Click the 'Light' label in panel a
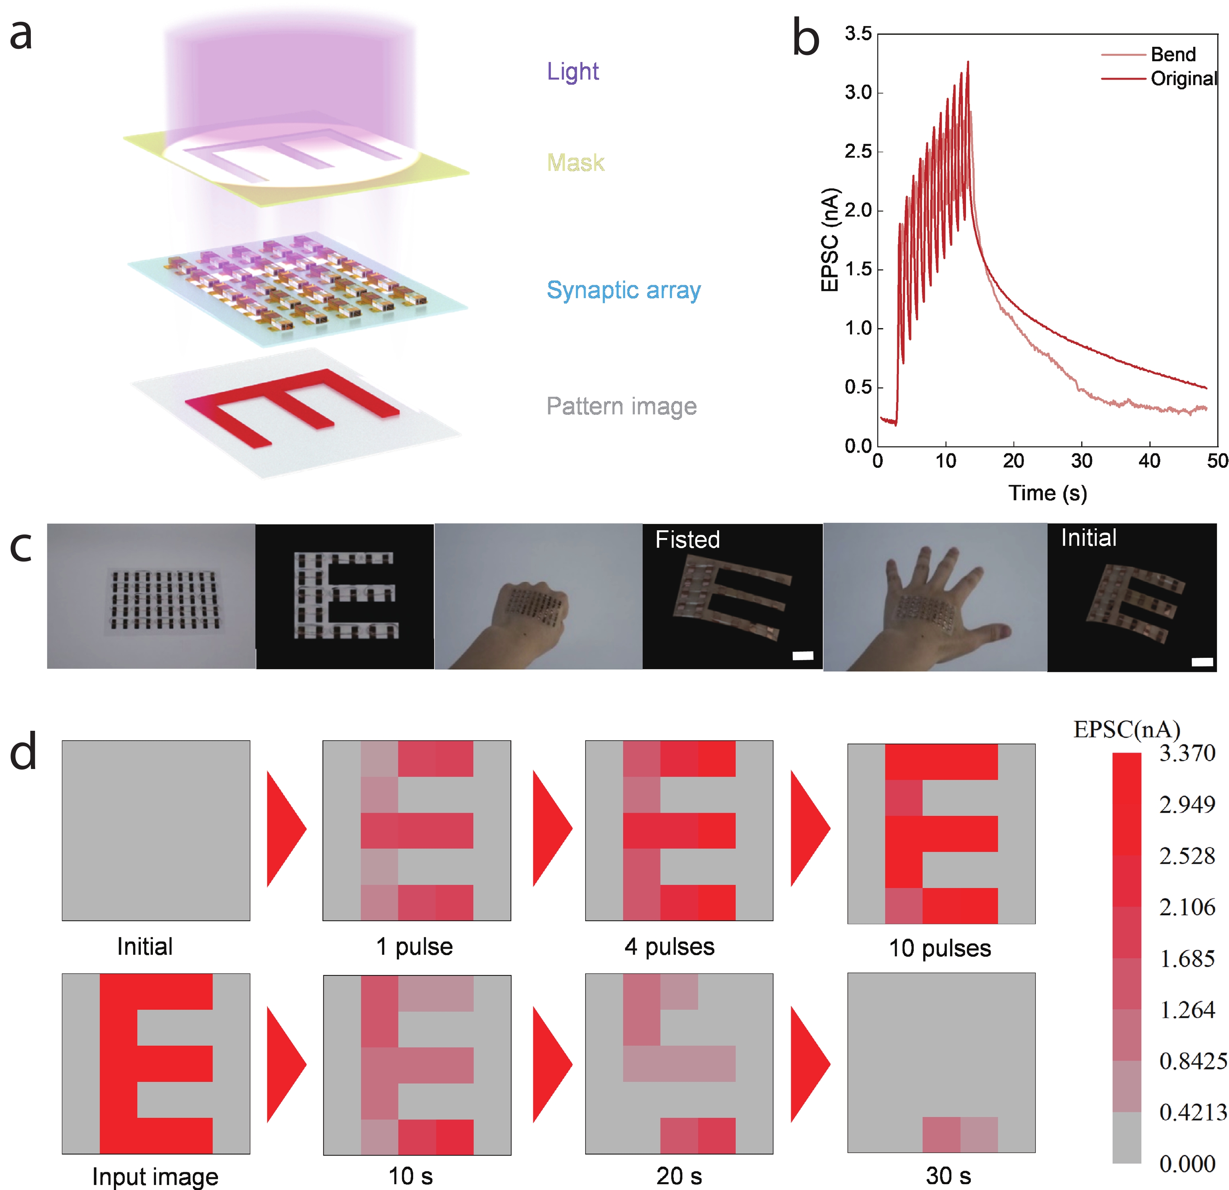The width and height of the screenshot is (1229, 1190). click(x=572, y=71)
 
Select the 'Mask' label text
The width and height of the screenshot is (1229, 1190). click(x=575, y=163)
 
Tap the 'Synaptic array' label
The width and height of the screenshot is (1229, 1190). click(x=623, y=290)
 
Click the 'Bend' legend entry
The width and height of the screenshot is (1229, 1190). click(x=1172, y=55)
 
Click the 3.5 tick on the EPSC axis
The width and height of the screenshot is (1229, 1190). click(x=858, y=34)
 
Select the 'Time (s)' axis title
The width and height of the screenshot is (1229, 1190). click(x=1047, y=493)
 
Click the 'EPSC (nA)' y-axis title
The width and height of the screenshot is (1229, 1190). click(x=829, y=240)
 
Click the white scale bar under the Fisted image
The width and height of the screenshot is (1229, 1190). click(x=803, y=656)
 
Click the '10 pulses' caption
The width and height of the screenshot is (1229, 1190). click(x=940, y=948)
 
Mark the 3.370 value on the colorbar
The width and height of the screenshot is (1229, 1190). click(x=1187, y=753)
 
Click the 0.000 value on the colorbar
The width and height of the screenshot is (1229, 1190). click(x=1187, y=1164)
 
